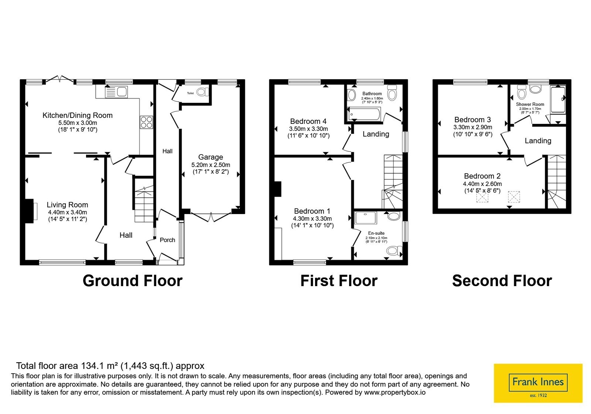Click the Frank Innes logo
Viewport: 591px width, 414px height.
click(x=538, y=383)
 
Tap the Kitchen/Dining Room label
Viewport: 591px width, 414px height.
click(x=78, y=115)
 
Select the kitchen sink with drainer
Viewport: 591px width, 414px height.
click(x=116, y=92)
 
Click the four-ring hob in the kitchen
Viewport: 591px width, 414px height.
click(x=146, y=122)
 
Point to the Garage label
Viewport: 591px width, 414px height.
click(x=211, y=157)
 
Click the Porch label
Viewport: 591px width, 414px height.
click(x=167, y=240)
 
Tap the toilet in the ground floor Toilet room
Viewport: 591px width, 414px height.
click(x=203, y=92)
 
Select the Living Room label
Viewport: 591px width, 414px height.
click(x=67, y=205)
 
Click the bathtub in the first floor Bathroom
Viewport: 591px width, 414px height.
click(x=364, y=114)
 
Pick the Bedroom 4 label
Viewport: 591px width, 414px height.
click(x=308, y=122)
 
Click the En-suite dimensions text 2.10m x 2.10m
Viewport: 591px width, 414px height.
click(x=376, y=238)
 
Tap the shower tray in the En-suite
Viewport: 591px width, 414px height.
click(x=366, y=218)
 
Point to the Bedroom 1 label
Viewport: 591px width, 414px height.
click(x=312, y=211)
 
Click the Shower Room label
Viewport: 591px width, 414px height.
click(x=530, y=104)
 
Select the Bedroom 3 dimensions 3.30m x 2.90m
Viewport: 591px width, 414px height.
click(x=473, y=127)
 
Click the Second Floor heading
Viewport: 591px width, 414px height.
click(x=502, y=281)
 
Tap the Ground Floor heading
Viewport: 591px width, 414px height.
click(x=133, y=281)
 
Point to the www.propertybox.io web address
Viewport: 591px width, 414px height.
click(x=395, y=392)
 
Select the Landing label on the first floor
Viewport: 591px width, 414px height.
click(x=376, y=134)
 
